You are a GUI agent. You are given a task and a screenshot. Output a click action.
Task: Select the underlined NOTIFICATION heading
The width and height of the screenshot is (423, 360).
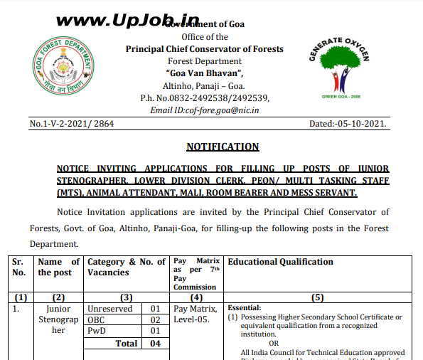(223, 147)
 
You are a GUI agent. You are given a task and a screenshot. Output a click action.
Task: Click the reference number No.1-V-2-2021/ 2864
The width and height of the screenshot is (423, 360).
(72, 124)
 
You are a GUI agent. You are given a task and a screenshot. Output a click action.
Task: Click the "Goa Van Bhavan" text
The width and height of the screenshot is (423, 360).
(205, 73)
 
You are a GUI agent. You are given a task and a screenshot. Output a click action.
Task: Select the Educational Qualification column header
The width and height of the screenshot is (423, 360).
(280, 262)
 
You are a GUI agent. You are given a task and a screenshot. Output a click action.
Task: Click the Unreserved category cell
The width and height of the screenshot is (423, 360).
(109, 309)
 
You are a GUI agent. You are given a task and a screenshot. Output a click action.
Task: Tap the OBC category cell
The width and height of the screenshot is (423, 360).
(97, 320)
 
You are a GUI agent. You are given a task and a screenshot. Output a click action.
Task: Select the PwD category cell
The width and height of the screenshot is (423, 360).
(97, 332)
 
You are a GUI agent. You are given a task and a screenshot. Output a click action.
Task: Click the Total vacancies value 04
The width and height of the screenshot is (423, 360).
(155, 344)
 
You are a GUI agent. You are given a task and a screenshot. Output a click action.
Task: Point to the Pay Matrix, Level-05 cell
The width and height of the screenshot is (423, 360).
(195, 314)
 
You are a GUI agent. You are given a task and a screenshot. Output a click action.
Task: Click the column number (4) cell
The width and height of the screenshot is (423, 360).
(197, 297)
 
